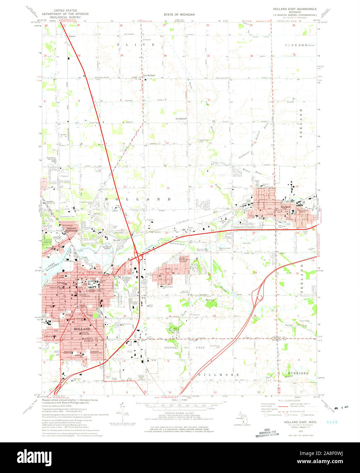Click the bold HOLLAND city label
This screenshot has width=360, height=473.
(x=81, y=329)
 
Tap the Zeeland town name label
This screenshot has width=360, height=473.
(x=286, y=207)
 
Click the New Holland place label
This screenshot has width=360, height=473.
(x=149, y=75)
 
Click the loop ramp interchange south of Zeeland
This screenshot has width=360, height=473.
(x=259, y=297)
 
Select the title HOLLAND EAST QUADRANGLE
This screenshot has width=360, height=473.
(x=295, y=9)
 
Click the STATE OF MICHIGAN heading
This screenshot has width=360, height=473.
(x=179, y=15)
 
